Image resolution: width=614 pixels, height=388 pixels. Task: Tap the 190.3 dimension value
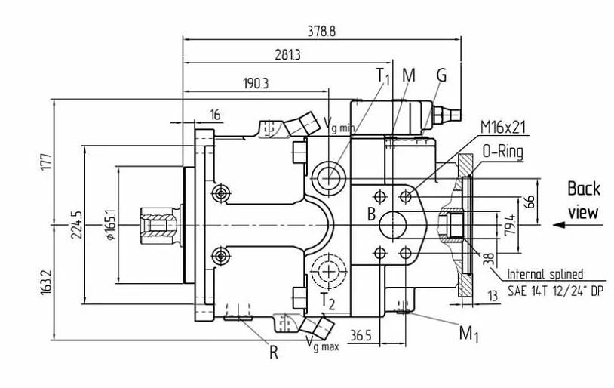pyautogui.click(x=256, y=83)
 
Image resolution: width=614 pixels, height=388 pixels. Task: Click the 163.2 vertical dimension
pyautogui.click(x=45, y=284)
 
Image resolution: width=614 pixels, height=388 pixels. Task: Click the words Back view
pyautogui.click(x=583, y=200)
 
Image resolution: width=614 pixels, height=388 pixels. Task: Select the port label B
pyautogui.click(x=371, y=214)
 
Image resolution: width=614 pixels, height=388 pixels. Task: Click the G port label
pyautogui.click(x=441, y=75)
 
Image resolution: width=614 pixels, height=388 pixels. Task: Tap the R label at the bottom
pyautogui.click(x=274, y=352)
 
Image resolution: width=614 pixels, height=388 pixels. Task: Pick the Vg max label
pyautogui.click(x=322, y=346)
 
